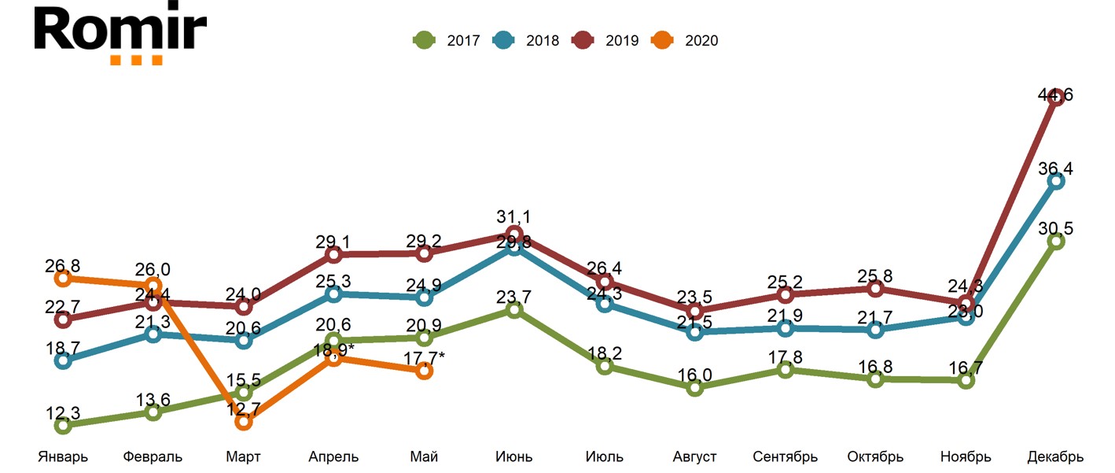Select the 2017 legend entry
click(447, 40)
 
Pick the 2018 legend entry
click(526, 40)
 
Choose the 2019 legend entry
click(605, 40)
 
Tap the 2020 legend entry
click(685, 40)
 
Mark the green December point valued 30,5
click(1056, 241)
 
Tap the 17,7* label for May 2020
click(424, 359)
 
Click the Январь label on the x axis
click(63, 456)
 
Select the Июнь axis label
click(513, 456)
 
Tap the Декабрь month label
click(1055, 456)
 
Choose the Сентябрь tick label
click(785, 456)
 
